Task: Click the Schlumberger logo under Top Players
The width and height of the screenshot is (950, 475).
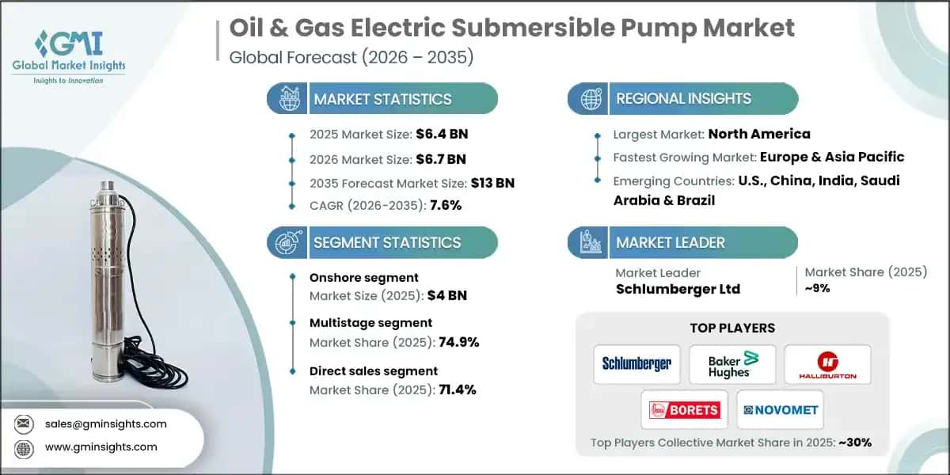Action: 636,364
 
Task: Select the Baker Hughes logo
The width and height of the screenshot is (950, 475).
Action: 731,364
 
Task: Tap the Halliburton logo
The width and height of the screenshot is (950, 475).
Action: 826,365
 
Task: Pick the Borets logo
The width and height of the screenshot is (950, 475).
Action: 684,410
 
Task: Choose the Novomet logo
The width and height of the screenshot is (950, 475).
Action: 780,410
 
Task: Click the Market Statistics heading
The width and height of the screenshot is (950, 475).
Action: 382,99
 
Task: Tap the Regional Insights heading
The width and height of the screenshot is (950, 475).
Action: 683,99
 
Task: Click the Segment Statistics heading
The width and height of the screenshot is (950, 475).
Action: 387,242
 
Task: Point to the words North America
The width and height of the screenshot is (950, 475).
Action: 758,134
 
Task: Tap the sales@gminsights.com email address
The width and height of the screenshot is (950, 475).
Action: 107,424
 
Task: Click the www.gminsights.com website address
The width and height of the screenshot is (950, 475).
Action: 101,446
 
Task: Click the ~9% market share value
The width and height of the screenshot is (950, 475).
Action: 818,288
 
